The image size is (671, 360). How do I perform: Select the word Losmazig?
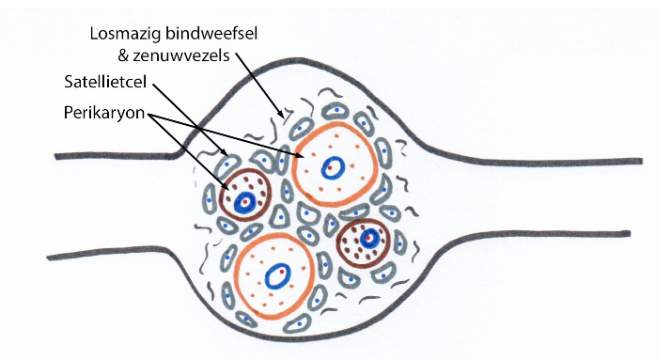[x=122, y=33]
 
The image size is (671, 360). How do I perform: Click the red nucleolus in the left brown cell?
[x=244, y=201]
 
